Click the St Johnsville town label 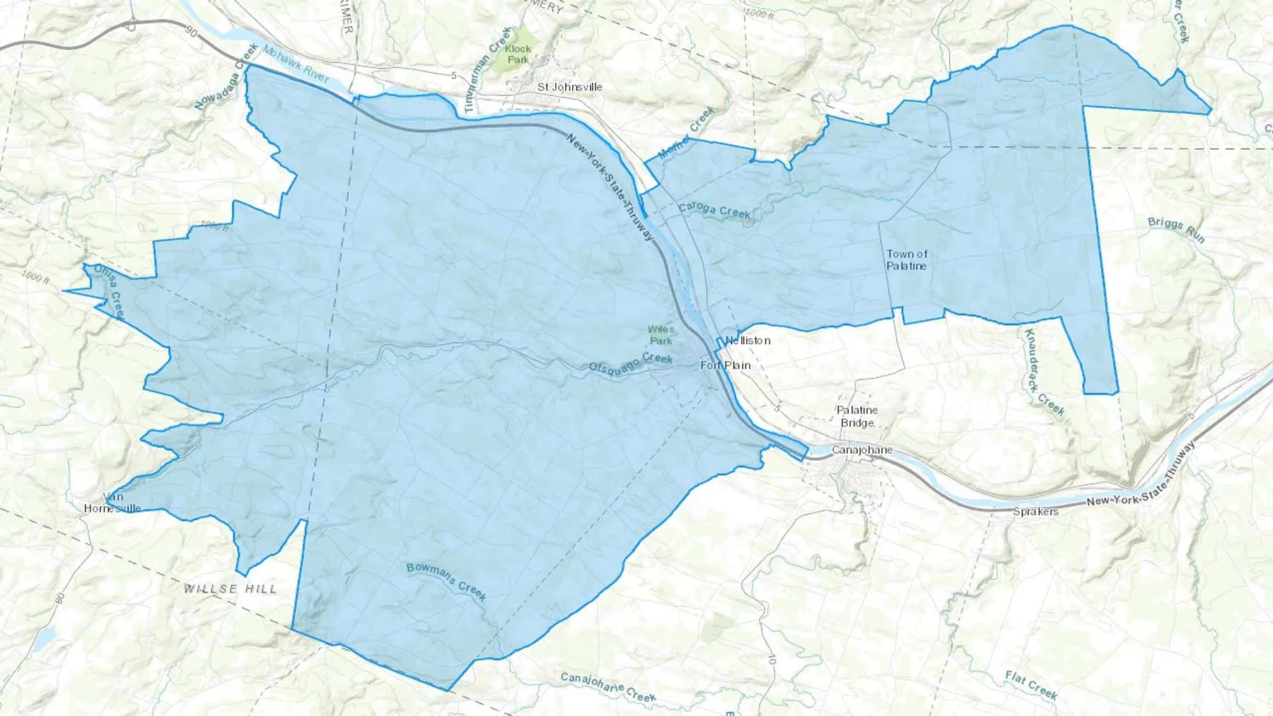[x=569, y=87]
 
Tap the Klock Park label [x=518, y=54]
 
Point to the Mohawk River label [x=295, y=64]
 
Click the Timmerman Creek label [x=488, y=70]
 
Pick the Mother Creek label [x=686, y=133]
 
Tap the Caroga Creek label [x=714, y=210]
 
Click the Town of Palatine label [x=907, y=259]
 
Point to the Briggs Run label [x=1175, y=229]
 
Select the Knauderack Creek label [x=1044, y=372]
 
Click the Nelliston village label [x=748, y=341]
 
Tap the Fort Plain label [x=725, y=365]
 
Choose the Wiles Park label [x=661, y=335]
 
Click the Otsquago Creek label [x=631, y=363]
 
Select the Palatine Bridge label [x=857, y=416]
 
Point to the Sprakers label [x=1035, y=511]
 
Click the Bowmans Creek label [x=446, y=581]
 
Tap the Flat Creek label [x=1031, y=685]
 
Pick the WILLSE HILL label [x=231, y=589]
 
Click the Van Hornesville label [x=112, y=503]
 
